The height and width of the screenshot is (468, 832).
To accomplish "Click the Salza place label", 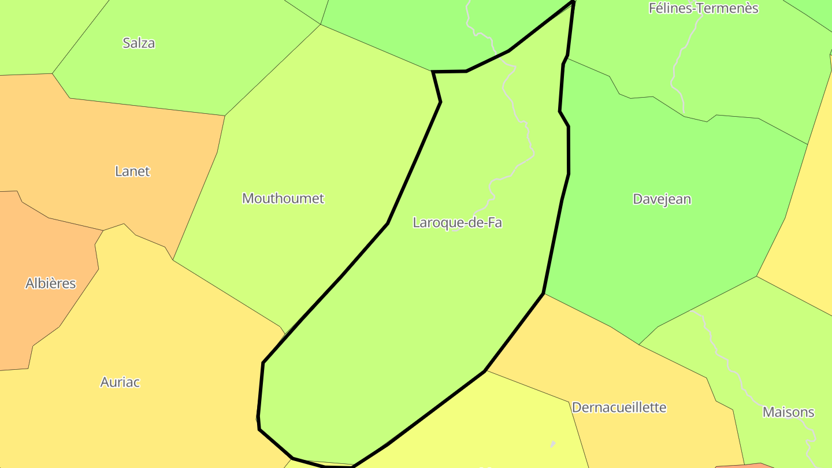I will (139, 43).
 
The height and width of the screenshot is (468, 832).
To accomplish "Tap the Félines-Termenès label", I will (703, 8).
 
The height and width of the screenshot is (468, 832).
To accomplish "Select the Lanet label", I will (132, 171).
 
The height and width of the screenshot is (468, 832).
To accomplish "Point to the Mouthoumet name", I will (283, 198).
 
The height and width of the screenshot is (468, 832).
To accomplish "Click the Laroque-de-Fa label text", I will (457, 222).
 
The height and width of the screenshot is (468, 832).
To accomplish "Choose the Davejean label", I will (662, 199).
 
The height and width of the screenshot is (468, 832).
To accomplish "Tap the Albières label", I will (51, 283).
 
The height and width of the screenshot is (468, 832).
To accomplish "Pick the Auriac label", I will (120, 382).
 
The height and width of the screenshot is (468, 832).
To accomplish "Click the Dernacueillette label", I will (619, 407).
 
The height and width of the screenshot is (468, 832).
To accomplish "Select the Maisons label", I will (788, 412).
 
